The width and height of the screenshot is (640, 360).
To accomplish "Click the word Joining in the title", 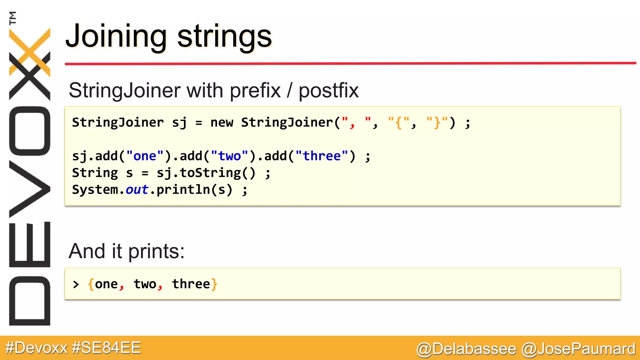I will point(116,37).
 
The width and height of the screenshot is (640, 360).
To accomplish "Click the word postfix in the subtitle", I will point(328,91).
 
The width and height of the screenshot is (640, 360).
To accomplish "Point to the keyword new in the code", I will point(222,122).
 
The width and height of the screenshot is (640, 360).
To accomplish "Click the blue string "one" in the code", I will point(145,156).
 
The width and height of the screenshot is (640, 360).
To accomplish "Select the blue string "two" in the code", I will point(229,156).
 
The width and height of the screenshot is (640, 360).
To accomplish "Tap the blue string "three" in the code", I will point(322,156).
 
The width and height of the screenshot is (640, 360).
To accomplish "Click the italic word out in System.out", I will point(137,190).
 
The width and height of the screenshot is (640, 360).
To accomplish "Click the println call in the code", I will point(183,190).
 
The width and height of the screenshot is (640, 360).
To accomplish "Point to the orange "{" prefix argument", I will point(398,122).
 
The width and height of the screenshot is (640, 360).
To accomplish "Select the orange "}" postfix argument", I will point(437,122).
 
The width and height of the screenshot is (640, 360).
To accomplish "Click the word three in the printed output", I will point(191,284).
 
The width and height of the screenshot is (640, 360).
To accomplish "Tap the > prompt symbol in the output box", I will point(76,284).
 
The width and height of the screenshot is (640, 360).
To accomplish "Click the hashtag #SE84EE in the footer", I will point(106,348).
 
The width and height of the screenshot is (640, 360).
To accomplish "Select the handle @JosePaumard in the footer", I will point(578,349).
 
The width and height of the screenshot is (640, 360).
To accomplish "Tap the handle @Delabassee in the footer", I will point(466,349).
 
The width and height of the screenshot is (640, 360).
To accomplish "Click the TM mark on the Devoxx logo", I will point(13,18).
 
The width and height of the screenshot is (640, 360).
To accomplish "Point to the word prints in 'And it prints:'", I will point(156,251).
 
